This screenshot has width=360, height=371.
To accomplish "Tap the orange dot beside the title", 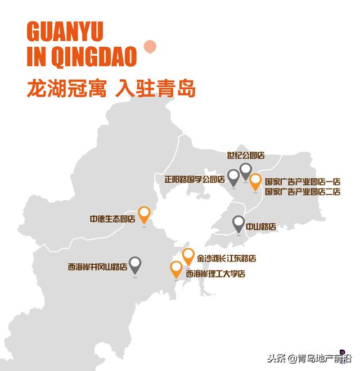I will click(150, 47).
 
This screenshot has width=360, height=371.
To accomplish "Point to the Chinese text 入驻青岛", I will click(155, 88).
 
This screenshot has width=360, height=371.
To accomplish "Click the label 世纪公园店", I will click(246, 155).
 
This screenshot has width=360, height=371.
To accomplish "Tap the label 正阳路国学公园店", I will click(194, 180).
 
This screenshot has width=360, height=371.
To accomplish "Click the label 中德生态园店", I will click(112, 218).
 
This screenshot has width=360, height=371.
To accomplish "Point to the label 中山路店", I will click(262, 227).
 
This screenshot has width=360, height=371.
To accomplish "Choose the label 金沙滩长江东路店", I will click(227, 259).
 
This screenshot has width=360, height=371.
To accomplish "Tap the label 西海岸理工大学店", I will click(216, 274).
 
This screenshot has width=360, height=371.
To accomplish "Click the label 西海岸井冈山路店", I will click(97, 268).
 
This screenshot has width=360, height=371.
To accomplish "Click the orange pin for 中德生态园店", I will click(145, 215).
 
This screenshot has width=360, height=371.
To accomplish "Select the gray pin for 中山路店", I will click(238, 223).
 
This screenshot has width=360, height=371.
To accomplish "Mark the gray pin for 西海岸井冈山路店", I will click(136, 264).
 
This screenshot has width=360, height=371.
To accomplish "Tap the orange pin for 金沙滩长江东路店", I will click(188, 256).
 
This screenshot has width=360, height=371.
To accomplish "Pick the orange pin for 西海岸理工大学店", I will click(177, 269).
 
